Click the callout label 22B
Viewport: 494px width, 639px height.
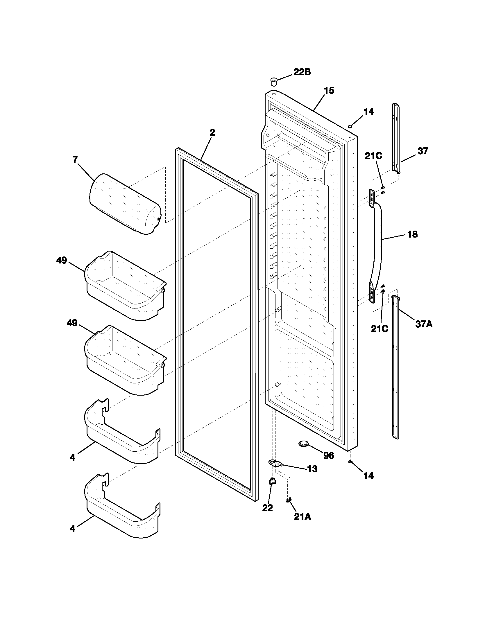(x=302, y=72)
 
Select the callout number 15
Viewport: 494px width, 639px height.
(x=329, y=91)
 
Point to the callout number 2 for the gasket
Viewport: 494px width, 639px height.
(x=212, y=132)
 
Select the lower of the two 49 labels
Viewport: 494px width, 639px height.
(x=72, y=323)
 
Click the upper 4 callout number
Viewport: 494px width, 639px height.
(x=73, y=457)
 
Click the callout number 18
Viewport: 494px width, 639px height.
(x=412, y=234)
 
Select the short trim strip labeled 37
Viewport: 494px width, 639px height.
(x=396, y=137)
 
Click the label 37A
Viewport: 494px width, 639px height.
(x=424, y=324)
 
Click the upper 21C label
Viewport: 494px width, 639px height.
(x=373, y=156)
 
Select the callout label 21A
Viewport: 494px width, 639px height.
(x=303, y=517)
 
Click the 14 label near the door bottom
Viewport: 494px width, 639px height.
(x=368, y=476)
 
